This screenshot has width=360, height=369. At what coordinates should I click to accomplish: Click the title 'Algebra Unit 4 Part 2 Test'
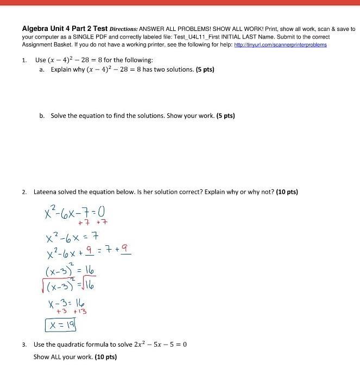point(64,29)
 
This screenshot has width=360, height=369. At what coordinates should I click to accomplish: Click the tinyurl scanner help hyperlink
point(280,45)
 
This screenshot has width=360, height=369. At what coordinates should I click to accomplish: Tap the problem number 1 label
point(24,60)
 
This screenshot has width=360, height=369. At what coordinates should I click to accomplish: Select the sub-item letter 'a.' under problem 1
point(42,69)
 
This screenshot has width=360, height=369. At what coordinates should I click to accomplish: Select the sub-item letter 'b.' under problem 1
point(42,116)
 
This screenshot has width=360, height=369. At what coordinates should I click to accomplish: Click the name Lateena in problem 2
point(45,192)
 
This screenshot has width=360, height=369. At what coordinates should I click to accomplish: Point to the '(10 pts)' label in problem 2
point(287,192)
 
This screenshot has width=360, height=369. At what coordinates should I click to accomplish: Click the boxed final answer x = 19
point(61,325)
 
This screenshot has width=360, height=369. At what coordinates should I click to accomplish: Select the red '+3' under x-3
point(62,311)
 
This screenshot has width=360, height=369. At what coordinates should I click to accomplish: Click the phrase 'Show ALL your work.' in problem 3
point(63,357)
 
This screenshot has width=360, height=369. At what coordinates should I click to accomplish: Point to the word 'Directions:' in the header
point(124,29)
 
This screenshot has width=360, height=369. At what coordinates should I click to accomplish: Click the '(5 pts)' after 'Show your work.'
point(225,116)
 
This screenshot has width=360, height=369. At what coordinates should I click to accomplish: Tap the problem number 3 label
point(24,345)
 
